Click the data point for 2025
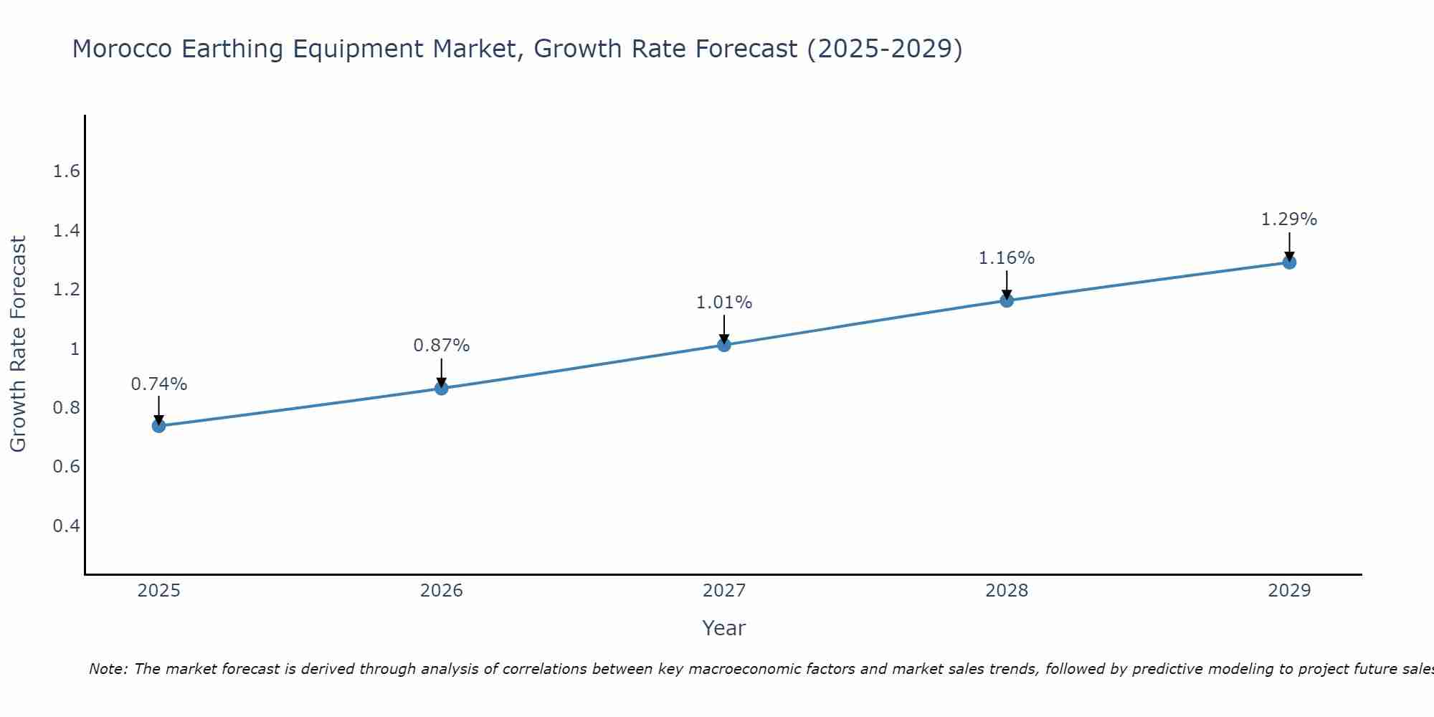159,426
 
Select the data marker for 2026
442,388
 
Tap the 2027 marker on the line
724,345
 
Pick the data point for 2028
1007,300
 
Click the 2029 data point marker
1289,262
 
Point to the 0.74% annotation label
159,384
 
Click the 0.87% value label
442,346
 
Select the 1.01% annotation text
724,303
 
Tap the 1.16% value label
1007,258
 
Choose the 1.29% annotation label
1289,219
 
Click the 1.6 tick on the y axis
67,171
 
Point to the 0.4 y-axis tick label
67,526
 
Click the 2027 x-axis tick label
724,591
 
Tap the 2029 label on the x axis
1289,591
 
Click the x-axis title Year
724,628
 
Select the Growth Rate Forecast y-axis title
18,344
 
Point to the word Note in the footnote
108,669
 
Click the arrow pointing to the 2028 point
1007,285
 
